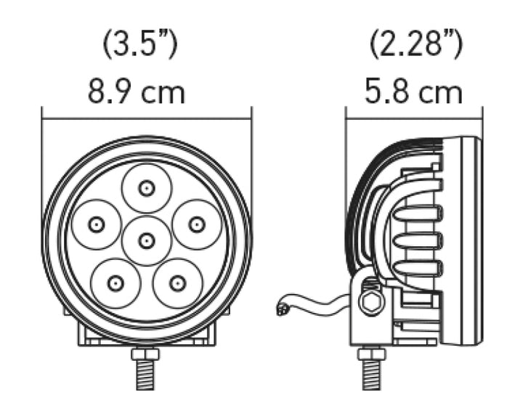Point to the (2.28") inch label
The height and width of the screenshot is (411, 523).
(x=414, y=45)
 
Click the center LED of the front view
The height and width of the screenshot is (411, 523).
(x=147, y=240)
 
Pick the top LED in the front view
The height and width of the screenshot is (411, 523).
(x=147, y=189)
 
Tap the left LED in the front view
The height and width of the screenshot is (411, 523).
(x=95, y=224)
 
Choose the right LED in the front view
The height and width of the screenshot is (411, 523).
(x=195, y=224)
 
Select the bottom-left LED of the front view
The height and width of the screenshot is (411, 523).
(x=115, y=282)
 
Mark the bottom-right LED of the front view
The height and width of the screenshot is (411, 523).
(x=177, y=282)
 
